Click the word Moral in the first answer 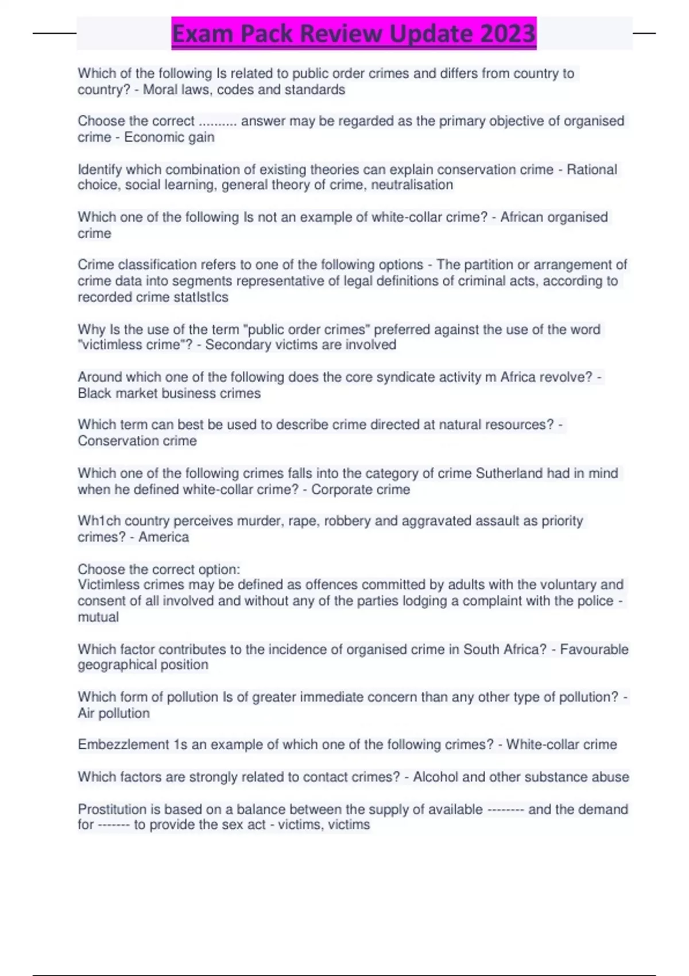pyautogui.click(x=160, y=90)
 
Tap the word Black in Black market pyautogui.click(x=94, y=393)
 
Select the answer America pyautogui.click(x=164, y=537)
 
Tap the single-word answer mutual pyautogui.click(x=98, y=617)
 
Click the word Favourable pyautogui.click(x=594, y=649)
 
